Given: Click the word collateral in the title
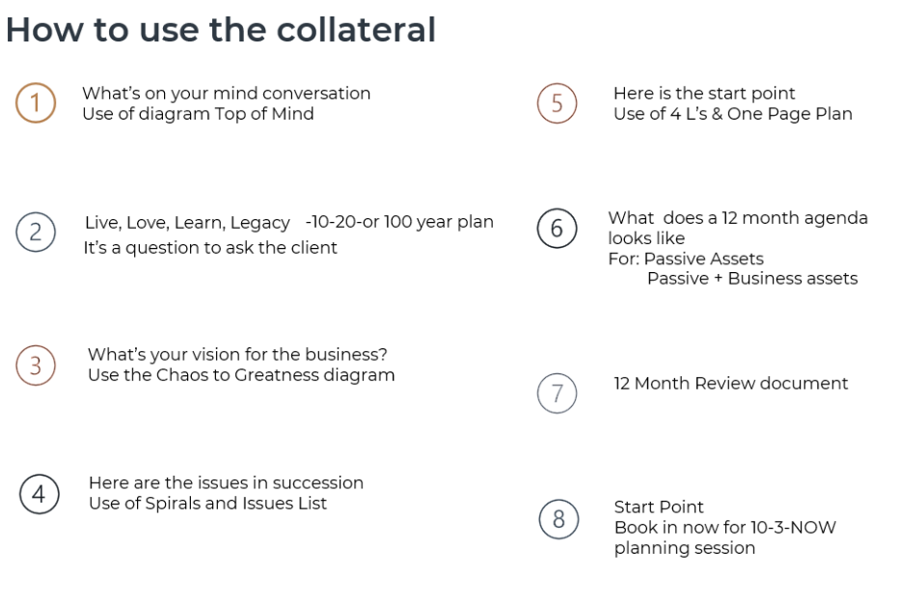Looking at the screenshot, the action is coord(356,30).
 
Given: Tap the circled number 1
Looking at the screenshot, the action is coord(36,103).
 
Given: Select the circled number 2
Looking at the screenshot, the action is coord(36,232).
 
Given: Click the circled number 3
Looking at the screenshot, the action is coord(36,366).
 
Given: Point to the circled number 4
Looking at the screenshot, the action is coord(39,494).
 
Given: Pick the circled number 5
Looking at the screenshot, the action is coord(557,103).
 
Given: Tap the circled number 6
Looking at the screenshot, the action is coord(557,228).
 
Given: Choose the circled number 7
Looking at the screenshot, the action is coord(557,394).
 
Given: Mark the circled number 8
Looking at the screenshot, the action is coord(558,519).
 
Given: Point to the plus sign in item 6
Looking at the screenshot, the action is coord(719,279).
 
